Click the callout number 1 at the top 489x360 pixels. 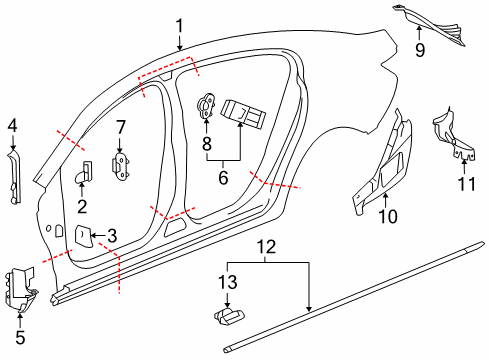(x=179, y=25)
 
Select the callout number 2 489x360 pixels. (x=82, y=206)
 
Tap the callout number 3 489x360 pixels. (x=112, y=236)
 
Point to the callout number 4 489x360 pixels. (x=12, y=125)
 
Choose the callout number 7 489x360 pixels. (x=120, y=127)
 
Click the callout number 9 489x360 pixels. (x=420, y=48)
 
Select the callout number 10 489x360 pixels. (x=385, y=216)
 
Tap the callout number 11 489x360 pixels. (x=463, y=183)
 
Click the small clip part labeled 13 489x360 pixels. (x=229, y=315)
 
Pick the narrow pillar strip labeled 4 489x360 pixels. (x=14, y=175)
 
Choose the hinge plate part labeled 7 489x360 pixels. (x=122, y=166)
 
